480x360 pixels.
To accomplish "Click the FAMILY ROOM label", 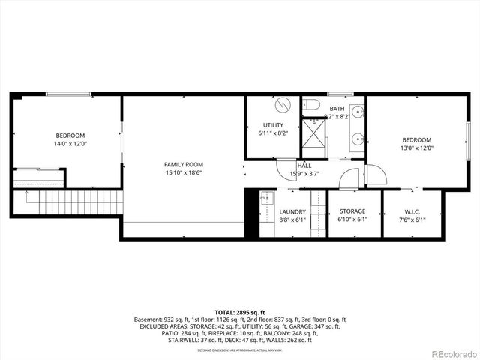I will coord(184,164).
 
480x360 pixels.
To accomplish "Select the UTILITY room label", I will coord(272,124).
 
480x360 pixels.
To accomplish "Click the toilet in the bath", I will coord(313,104).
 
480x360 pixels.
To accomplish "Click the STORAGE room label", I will coord(352,212).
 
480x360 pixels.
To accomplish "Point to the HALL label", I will coord(304,166).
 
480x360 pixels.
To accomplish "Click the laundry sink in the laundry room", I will coord(265,199).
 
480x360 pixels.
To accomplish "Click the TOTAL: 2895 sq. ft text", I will coord(239,311).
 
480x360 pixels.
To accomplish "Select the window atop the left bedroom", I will coord(69,94).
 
